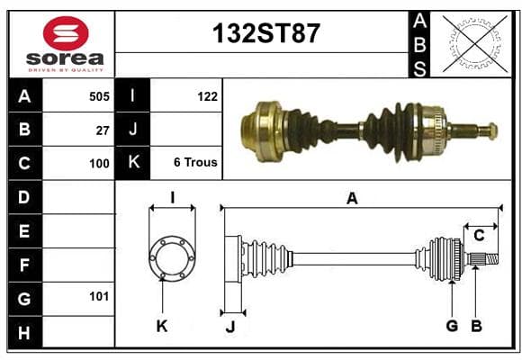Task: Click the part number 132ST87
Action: pos(266,33)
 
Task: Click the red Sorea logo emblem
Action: pos(66,33)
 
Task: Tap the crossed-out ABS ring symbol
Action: pos(475,43)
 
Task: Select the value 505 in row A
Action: pos(99,96)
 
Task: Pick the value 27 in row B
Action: pos(103,130)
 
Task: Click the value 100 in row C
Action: pos(99,164)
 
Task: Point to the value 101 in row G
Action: pos(99,296)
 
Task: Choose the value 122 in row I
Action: pos(207,96)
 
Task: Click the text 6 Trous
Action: pos(195,162)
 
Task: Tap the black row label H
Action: pos(25,332)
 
